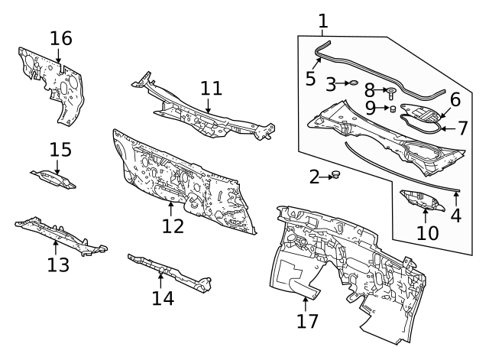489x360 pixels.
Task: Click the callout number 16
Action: coord(61,37)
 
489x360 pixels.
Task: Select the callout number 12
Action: coord(173,226)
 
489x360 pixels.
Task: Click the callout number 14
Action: coord(162,297)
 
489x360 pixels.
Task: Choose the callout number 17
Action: coord(306,321)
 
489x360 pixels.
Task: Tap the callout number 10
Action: coord(427,232)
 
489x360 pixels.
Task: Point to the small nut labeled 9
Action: coord(393,109)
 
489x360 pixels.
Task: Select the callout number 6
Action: coord(455,99)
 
